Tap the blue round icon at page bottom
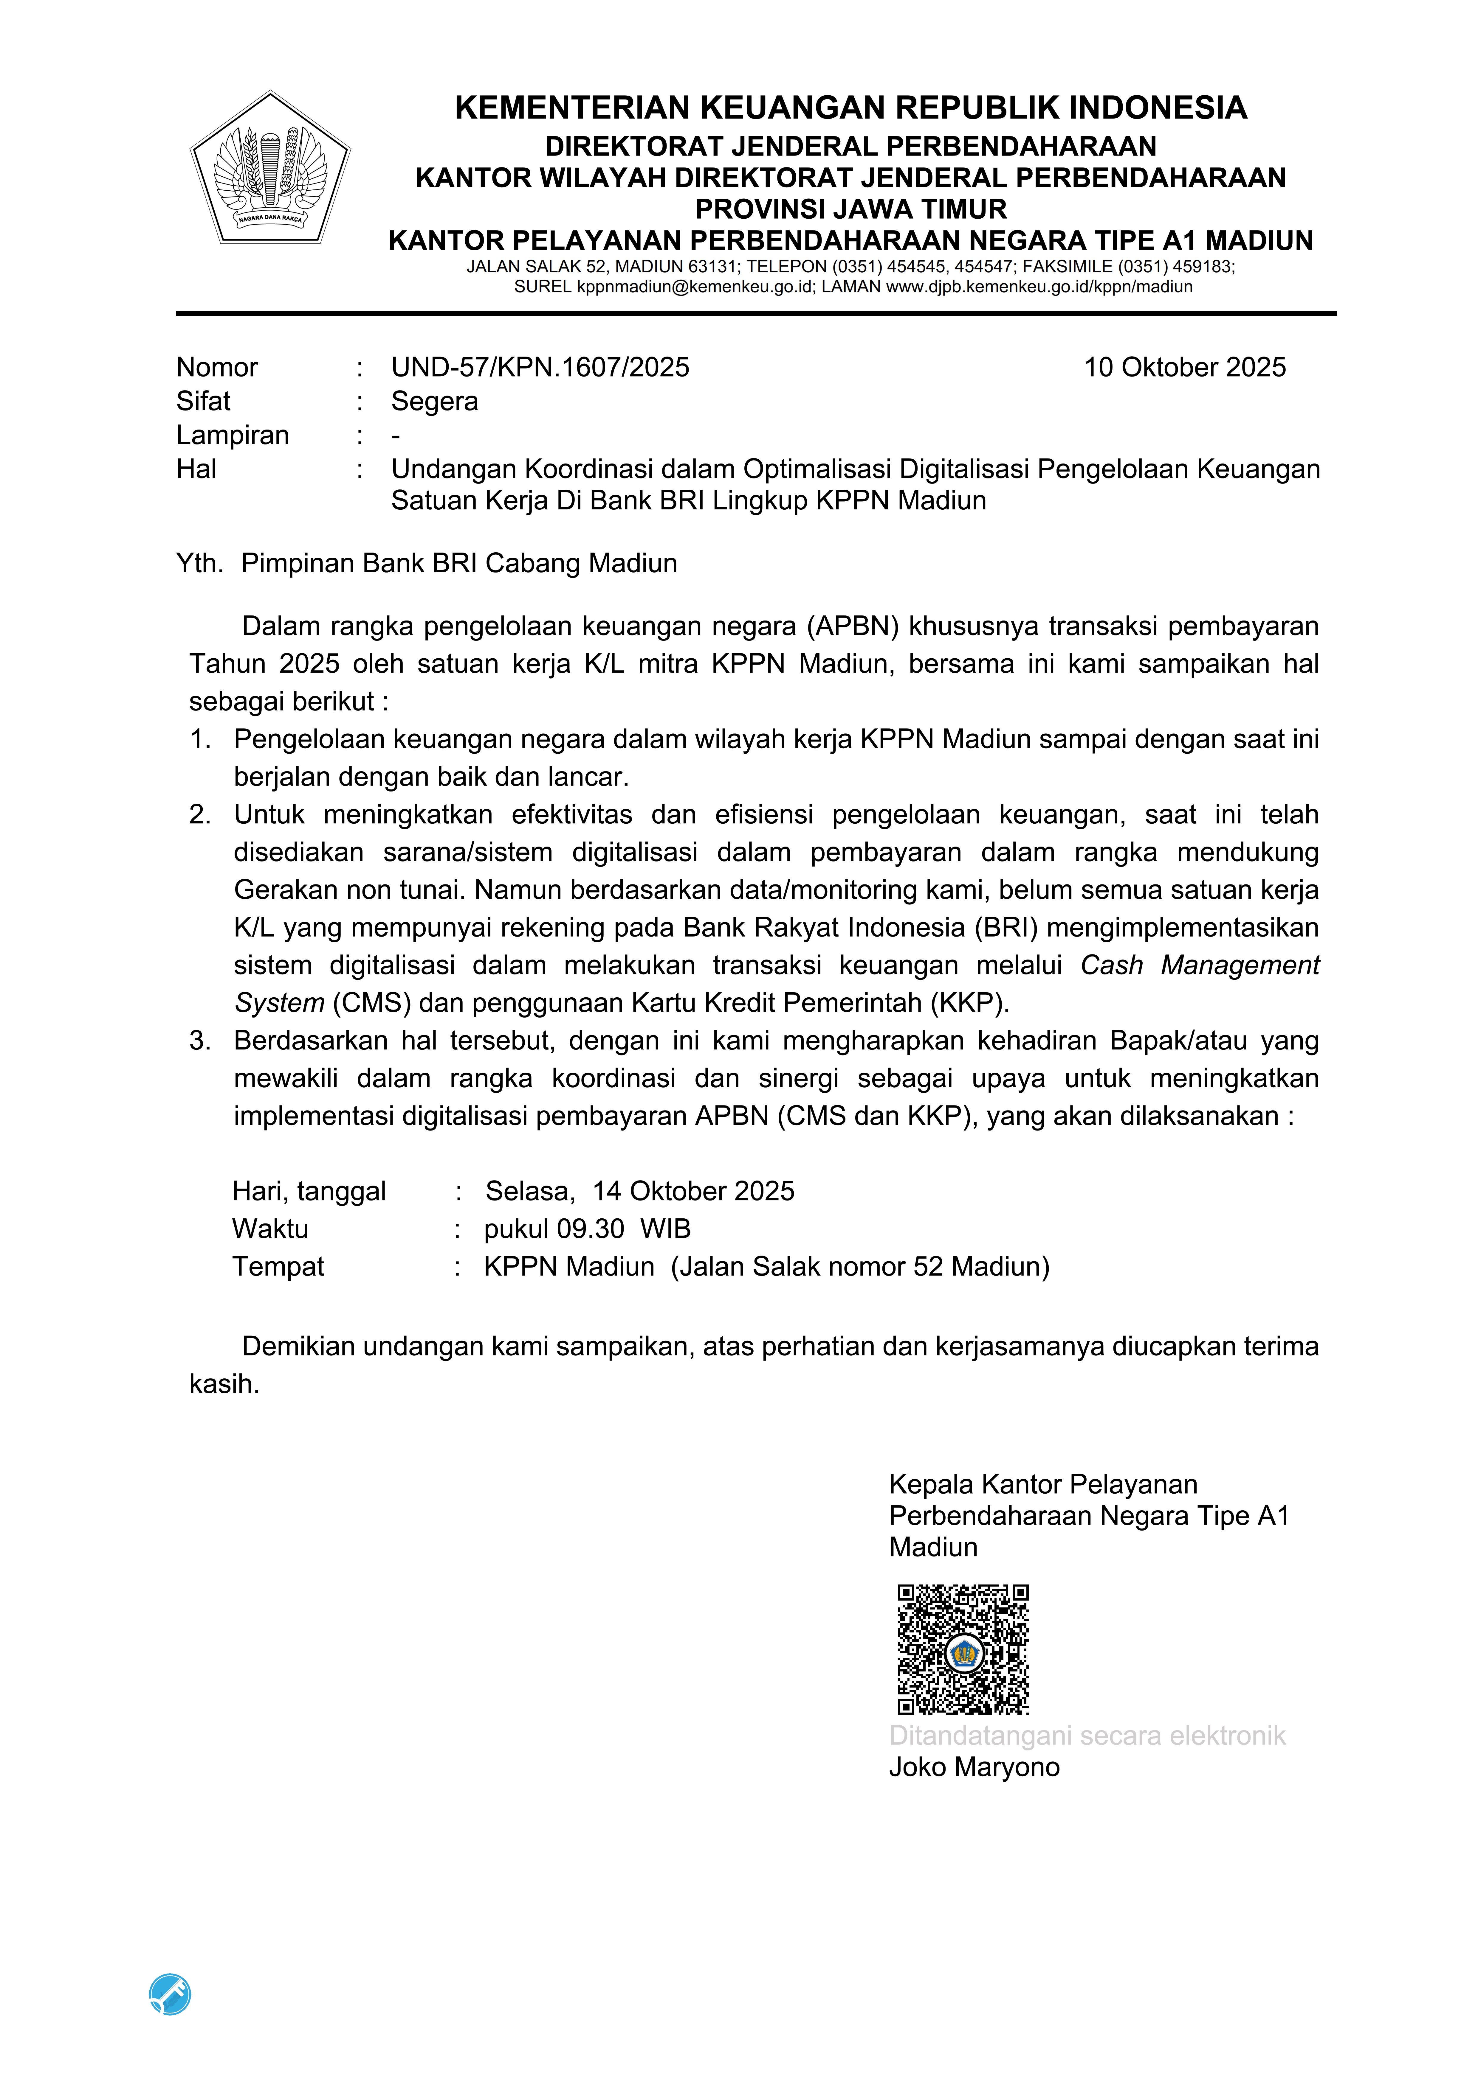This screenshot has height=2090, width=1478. coord(170,1994)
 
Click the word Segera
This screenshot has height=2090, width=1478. coord(434,402)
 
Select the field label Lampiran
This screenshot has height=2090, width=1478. coord(232,435)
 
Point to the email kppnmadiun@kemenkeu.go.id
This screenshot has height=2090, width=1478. coord(694,287)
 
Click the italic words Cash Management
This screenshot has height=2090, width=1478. coord(1199,965)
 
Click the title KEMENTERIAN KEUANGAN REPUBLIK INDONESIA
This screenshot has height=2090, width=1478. coord(850,108)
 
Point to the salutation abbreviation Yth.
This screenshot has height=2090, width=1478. coord(199,564)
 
